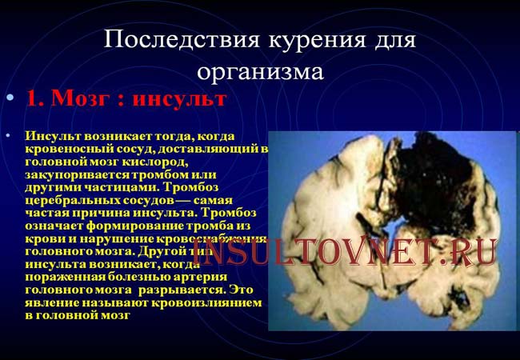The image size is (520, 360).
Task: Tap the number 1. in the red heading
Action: pos(34,99)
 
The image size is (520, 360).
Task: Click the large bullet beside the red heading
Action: pos(10,98)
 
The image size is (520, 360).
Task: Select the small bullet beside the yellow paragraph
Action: pos(10,137)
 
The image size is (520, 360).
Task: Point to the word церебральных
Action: pos(68,201)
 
